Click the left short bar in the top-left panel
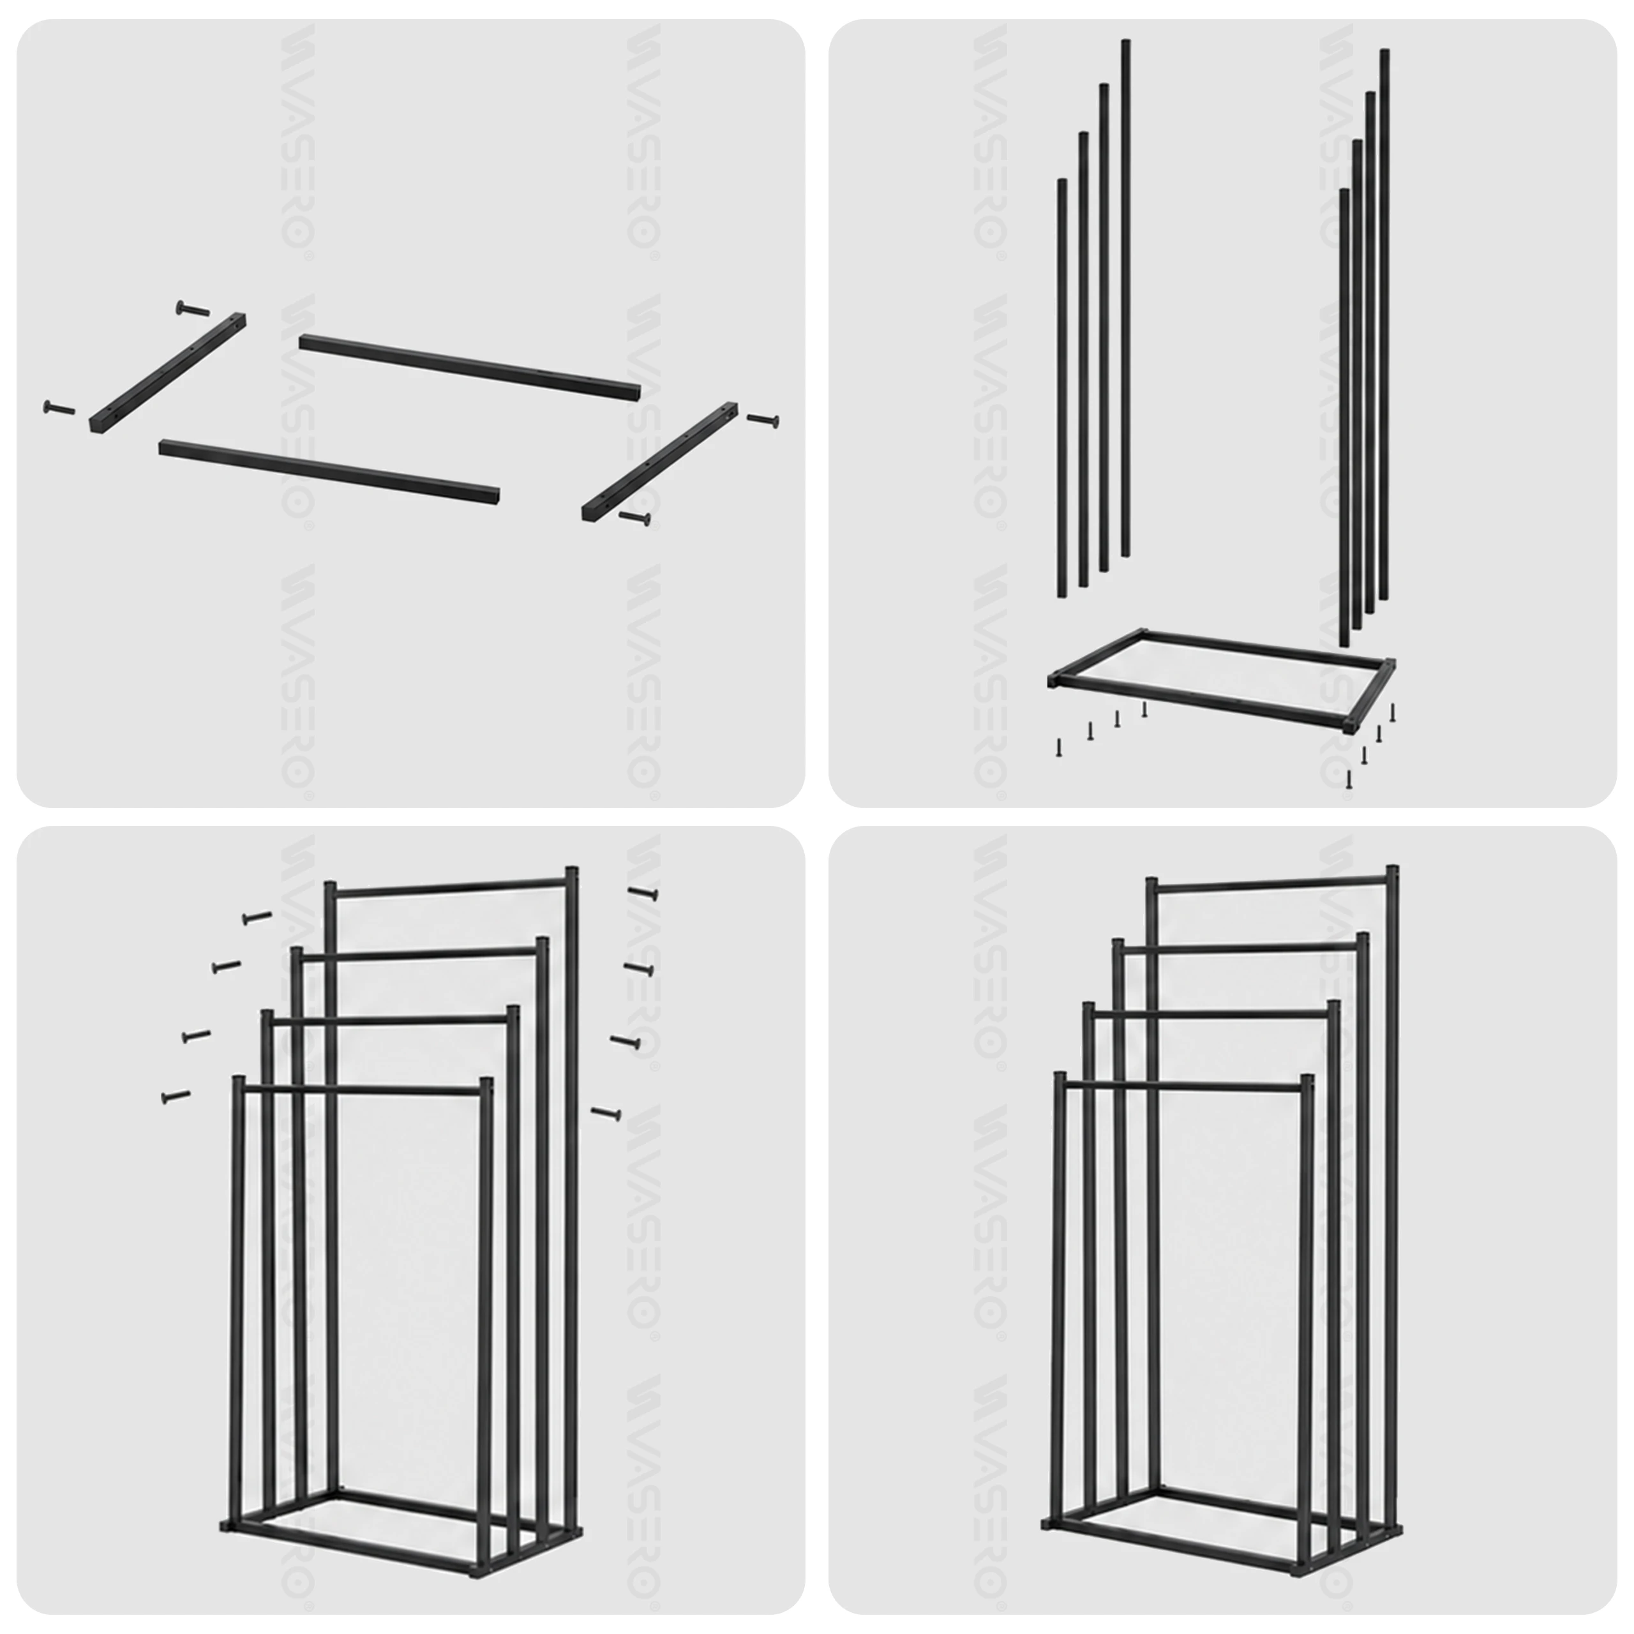point(167,372)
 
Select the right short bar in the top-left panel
point(660,461)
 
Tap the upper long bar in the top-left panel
point(469,367)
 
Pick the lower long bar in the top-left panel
point(329,471)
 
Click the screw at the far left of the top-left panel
point(57,409)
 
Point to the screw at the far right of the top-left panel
point(763,419)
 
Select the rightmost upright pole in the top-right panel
point(1384,325)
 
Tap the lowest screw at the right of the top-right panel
point(1349,779)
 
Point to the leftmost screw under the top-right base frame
point(1058,747)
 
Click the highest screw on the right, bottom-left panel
point(643,892)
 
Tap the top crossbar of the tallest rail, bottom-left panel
point(450,885)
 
